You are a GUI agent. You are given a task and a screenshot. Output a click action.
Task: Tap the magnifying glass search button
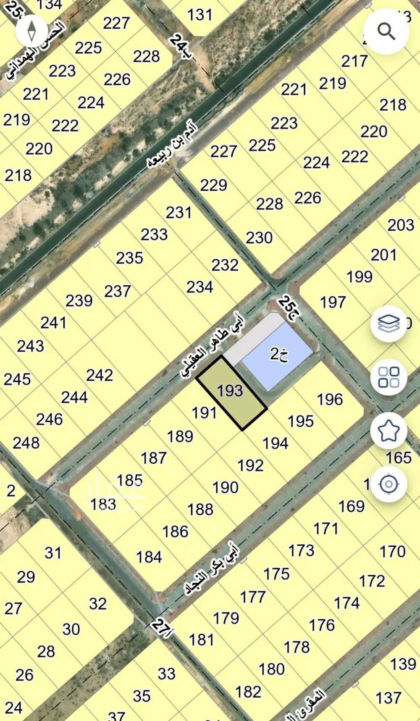pos(386,31)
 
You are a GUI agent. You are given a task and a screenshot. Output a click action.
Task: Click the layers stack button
pos(388,324)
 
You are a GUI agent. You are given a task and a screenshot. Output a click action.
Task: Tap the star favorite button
pos(388,430)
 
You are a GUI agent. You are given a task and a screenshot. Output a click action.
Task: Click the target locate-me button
pos(388,484)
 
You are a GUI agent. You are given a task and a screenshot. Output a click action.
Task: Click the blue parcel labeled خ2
pos(277,355)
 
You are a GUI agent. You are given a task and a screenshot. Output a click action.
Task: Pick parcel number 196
pos(330,399)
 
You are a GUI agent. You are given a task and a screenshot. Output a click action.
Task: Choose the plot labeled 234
pos(199,287)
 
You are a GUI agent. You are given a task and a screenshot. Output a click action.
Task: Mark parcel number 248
pos(26,442)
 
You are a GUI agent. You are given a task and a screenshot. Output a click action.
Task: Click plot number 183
pos(103,503)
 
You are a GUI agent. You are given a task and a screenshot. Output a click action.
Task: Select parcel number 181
pos(202,640)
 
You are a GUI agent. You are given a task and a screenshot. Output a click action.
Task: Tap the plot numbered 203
pos(401,225)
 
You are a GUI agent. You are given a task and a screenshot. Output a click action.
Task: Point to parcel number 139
pos(403,664)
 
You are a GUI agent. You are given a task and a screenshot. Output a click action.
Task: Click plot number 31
pos(53,553)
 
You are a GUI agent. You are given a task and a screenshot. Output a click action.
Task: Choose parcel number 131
pos(200,15)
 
